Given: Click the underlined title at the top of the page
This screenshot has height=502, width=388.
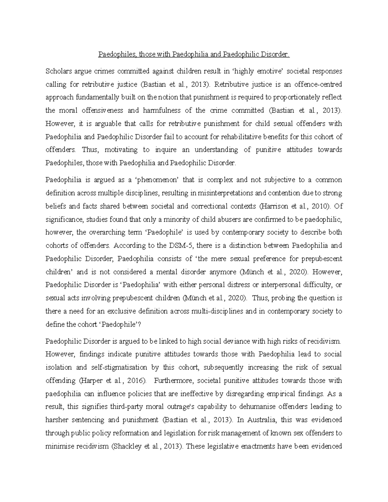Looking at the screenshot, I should pyautogui.click(x=194, y=55).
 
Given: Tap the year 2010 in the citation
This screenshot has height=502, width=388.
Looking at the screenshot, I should pyautogui.click(x=321, y=206).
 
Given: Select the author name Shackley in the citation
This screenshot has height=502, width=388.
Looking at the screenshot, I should pyautogui.click(x=126, y=446).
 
